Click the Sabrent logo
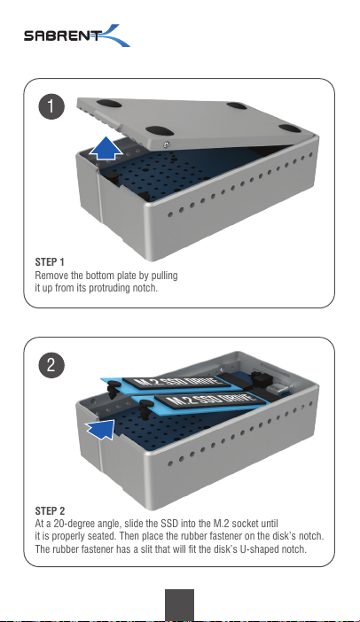[76, 35]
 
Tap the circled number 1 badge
[51, 106]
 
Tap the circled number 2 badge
[51, 365]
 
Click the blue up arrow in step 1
[106, 148]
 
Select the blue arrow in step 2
[100, 429]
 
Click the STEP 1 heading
[50, 262]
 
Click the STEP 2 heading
[50, 511]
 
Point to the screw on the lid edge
[167, 144]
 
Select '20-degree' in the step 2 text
[74, 524]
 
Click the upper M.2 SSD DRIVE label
[176, 382]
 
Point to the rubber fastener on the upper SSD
[113, 388]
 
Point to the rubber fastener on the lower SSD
[145, 408]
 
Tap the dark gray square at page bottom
[179, 604]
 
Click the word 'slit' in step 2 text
[132, 549]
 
